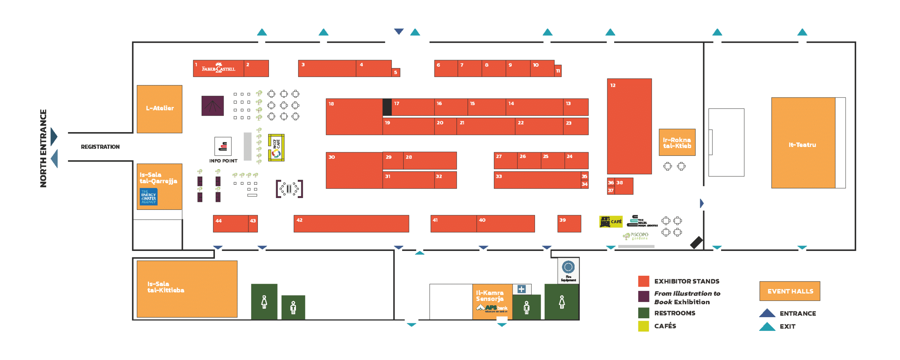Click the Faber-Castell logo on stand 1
[218, 68]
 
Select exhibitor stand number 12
[629, 126]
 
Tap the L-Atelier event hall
[159, 109]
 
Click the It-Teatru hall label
[802, 145]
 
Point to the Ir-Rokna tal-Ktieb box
[677, 142]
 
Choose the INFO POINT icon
[223, 146]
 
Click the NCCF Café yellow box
[276, 148]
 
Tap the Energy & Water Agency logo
[148, 197]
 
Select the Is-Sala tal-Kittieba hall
[187, 289]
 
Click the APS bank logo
[492, 308]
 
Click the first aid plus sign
[521, 289]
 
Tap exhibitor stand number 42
[351, 224]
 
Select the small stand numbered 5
[396, 72]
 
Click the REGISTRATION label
[100, 147]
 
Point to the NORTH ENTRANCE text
[43, 148]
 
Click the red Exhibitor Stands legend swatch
[643, 281]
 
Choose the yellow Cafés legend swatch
[643, 326]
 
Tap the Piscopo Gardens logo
[636, 236]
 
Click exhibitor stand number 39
[569, 224]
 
